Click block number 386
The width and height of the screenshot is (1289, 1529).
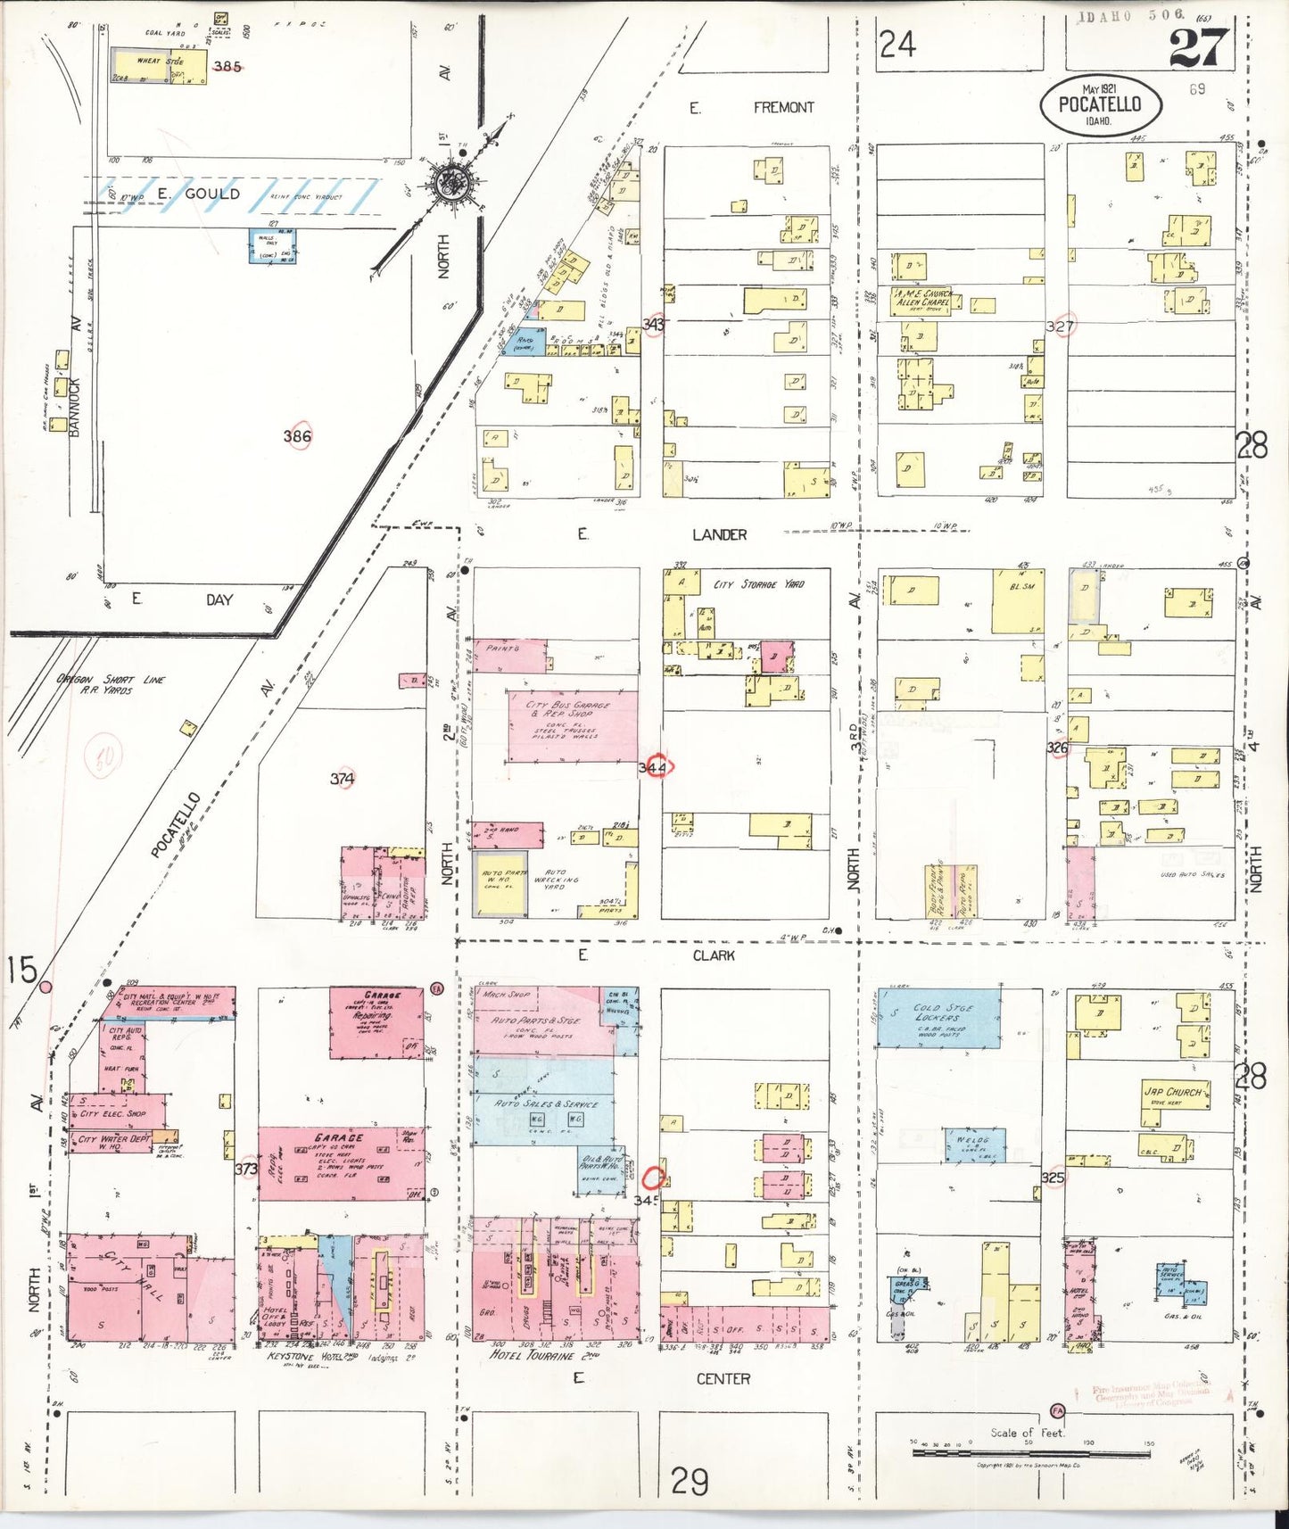tap(297, 435)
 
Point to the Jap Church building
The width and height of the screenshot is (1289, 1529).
tap(1175, 1103)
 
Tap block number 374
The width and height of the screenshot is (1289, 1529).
tap(343, 778)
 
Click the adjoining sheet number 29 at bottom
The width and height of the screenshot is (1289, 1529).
tap(690, 1482)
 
